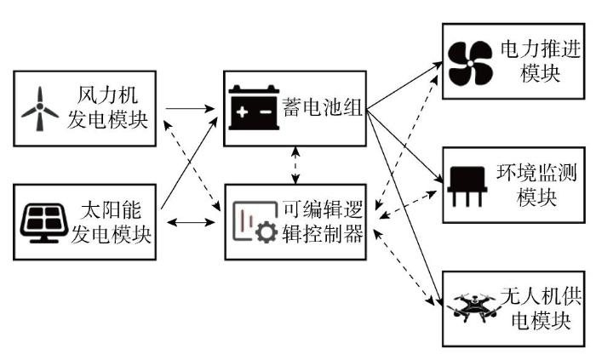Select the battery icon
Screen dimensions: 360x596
pos(255,109)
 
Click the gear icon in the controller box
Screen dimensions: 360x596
pos(266,232)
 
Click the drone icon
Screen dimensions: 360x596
pos(469,307)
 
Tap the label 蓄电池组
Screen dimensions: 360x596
pos(324,109)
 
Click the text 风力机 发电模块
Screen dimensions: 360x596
pos(107,108)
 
